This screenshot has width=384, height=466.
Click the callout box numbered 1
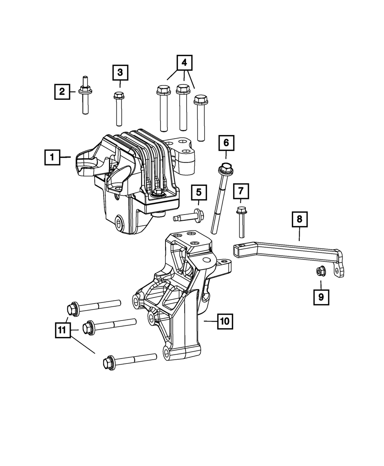(x=52, y=157)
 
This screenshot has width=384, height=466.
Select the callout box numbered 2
(x=62, y=92)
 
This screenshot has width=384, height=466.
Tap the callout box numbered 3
(x=120, y=73)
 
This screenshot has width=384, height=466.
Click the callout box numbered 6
(x=226, y=143)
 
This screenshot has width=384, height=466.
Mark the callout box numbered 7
(x=241, y=191)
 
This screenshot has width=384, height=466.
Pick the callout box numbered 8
(x=299, y=220)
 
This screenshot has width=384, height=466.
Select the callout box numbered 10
(x=225, y=321)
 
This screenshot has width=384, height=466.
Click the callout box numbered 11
(x=63, y=329)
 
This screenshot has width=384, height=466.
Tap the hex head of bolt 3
(x=119, y=95)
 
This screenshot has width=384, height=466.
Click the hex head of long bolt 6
(x=225, y=168)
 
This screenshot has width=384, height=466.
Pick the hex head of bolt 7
(x=241, y=209)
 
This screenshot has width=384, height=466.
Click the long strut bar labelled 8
(x=288, y=251)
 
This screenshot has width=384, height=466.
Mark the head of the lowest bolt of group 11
(x=109, y=363)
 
